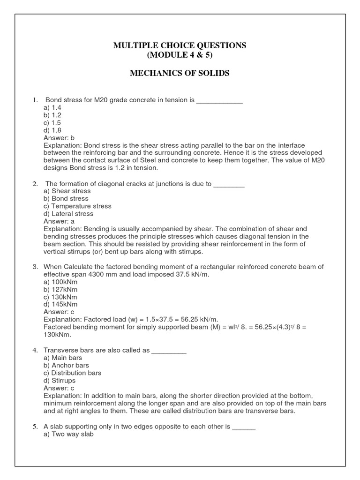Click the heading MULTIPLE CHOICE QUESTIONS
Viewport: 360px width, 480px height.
click(180, 45)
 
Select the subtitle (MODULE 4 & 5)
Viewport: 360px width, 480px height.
click(180, 55)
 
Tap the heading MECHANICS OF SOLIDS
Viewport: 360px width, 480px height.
click(180, 74)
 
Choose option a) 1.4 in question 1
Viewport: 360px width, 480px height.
click(52, 107)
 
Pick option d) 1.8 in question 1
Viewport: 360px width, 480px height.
click(52, 130)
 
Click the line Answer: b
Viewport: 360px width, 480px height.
click(59, 138)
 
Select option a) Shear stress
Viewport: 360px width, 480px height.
click(67, 191)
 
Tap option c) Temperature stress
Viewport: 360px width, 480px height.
click(77, 206)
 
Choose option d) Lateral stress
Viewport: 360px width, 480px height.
click(68, 214)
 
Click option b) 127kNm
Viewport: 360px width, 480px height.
click(60, 289)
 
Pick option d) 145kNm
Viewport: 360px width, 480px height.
click(60, 304)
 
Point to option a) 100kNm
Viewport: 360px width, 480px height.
click(60, 282)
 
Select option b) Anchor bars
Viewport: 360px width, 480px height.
click(66, 365)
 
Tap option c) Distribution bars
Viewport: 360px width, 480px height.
click(72, 373)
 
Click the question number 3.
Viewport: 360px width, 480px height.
click(35, 267)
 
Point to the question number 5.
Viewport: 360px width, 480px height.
click(35, 427)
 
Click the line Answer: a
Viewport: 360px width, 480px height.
click(59, 221)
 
